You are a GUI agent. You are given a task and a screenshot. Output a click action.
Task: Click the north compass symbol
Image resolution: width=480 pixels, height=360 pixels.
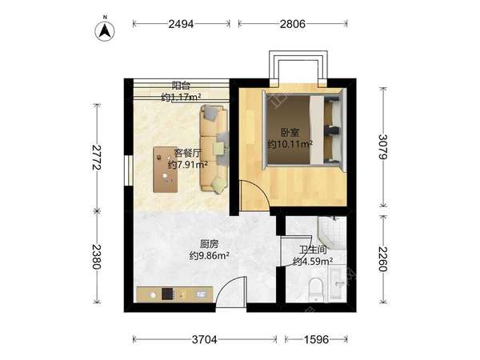coord(105,30)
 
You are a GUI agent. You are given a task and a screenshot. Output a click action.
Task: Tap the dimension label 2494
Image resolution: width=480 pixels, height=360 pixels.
coord(182,24)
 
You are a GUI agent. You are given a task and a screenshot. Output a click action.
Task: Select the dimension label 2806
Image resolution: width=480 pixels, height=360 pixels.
coord(293,24)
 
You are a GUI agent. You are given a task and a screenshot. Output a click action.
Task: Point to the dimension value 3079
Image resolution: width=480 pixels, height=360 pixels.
coord(382,146)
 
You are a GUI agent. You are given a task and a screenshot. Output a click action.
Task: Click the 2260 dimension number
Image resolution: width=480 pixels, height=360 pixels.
coord(382,259)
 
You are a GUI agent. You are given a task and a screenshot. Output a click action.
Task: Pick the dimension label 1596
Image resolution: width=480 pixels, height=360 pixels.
coord(316,339)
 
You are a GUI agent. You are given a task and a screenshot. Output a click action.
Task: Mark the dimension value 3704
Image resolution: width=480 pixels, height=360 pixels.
coord(205,339)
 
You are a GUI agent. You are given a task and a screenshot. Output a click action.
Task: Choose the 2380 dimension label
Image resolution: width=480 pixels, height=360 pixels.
coord(97,257)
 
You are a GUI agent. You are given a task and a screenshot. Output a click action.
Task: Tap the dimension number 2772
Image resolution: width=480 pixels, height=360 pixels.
coord(97,157)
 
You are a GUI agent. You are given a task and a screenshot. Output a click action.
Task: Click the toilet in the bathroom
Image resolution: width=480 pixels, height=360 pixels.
coord(316,290)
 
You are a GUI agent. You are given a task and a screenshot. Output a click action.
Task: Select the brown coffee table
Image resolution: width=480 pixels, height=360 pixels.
coord(166,170)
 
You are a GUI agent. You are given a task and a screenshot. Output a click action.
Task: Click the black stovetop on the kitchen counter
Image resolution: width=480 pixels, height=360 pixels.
coord(168,294)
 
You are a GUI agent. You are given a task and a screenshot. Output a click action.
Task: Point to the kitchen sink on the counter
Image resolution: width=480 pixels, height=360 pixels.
coord(201,294)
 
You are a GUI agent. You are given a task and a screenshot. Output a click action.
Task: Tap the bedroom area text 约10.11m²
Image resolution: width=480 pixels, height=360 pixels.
coord(290,144)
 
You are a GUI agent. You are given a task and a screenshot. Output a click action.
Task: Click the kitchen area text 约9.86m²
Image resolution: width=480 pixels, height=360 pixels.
coord(210,255)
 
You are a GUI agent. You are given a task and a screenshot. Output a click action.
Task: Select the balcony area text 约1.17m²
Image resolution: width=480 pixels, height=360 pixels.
coord(182,98)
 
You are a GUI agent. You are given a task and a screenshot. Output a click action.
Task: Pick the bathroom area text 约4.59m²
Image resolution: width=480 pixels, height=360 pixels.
coord(313,261)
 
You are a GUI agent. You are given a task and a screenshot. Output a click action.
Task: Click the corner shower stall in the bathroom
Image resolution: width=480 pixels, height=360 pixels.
coord(332,231)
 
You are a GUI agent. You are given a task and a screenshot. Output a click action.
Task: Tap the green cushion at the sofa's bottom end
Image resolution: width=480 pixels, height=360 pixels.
coord(218,185)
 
